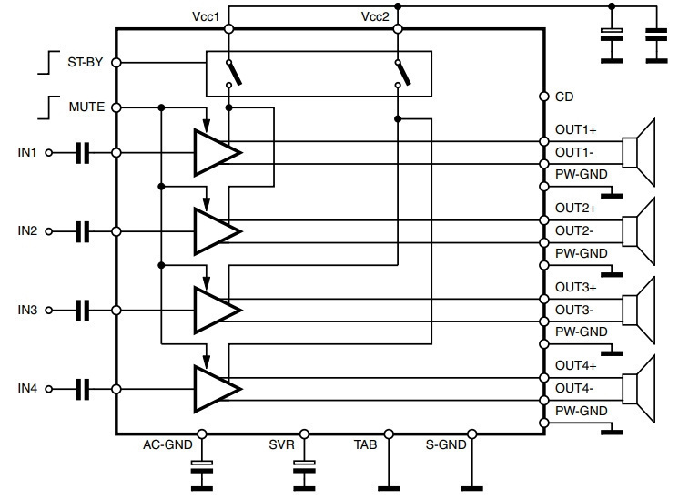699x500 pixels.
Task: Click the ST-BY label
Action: point(86,62)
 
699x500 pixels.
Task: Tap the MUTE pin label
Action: point(87,107)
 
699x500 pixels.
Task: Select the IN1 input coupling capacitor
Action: point(83,153)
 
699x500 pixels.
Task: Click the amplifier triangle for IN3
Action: point(218,310)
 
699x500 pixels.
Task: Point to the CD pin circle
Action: point(544,97)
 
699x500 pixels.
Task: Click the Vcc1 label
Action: point(206,17)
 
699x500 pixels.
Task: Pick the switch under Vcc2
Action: point(403,73)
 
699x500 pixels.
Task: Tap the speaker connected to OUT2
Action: point(638,231)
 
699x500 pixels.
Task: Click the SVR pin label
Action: point(282,444)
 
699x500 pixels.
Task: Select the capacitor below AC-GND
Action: point(202,467)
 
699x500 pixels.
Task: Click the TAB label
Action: point(366,444)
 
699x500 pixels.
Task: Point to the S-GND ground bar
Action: point(472,489)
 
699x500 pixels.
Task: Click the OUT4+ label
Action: point(575,366)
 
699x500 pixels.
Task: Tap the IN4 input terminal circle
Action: point(49,389)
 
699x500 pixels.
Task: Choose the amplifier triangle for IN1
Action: point(218,152)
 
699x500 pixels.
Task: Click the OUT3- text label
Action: point(574,310)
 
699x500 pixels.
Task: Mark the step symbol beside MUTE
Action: point(48,107)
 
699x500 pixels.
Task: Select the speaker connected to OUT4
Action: point(638,389)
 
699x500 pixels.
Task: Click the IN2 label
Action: point(27,231)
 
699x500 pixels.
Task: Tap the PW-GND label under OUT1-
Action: point(582,174)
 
